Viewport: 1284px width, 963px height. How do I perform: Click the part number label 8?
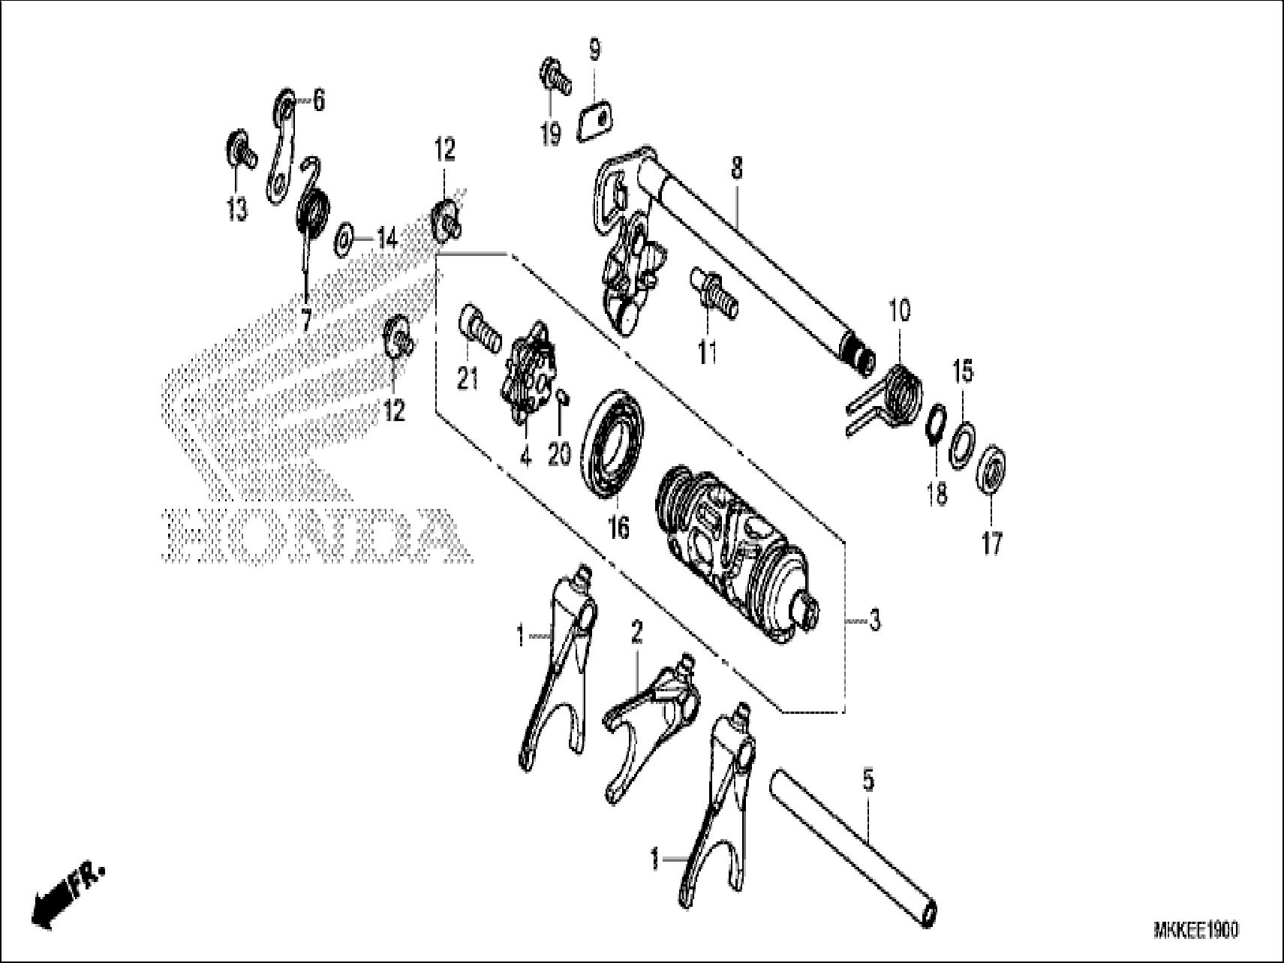click(736, 168)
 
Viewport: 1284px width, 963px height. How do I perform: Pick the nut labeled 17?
click(991, 469)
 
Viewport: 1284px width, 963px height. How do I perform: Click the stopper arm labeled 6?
click(281, 146)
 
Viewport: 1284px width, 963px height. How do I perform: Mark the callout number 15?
click(963, 371)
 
